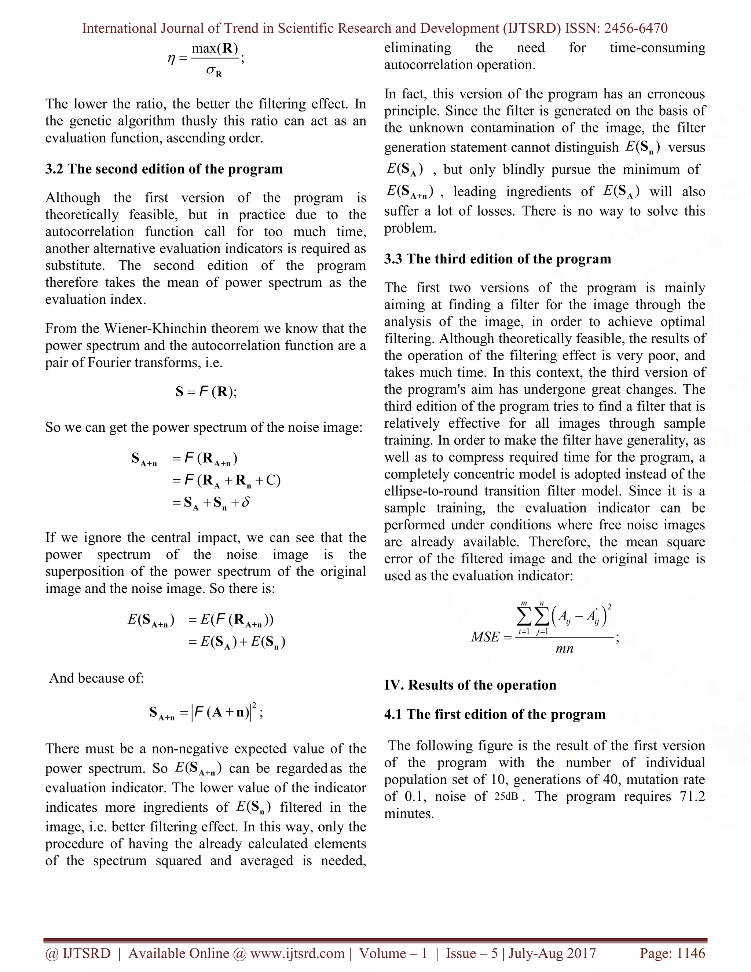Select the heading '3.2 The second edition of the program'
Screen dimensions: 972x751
pyautogui.click(x=164, y=169)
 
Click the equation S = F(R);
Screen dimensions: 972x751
pyautogui.click(x=206, y=392)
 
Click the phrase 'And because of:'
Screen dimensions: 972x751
pyautogui.click(x=96, y=678)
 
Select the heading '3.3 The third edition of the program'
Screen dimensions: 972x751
pyautogui.click(x=497, y=259)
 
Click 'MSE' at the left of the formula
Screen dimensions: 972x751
pyautogui.click(x=485, y=637)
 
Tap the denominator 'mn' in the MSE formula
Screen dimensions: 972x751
pyautogui.click(x=564, y=649)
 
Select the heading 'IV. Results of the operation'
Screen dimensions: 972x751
pyautogui.click(x=470, y=685)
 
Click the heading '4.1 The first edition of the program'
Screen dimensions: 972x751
pyautogui.click(x=495, y=714)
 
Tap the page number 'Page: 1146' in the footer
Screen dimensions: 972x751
pyautogui.click(x=672, y=953)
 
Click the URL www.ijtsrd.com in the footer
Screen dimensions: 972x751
pyautogui.click(x=297, y=953)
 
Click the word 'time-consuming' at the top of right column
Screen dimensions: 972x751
pyautogui.click(x=657, y=48)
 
